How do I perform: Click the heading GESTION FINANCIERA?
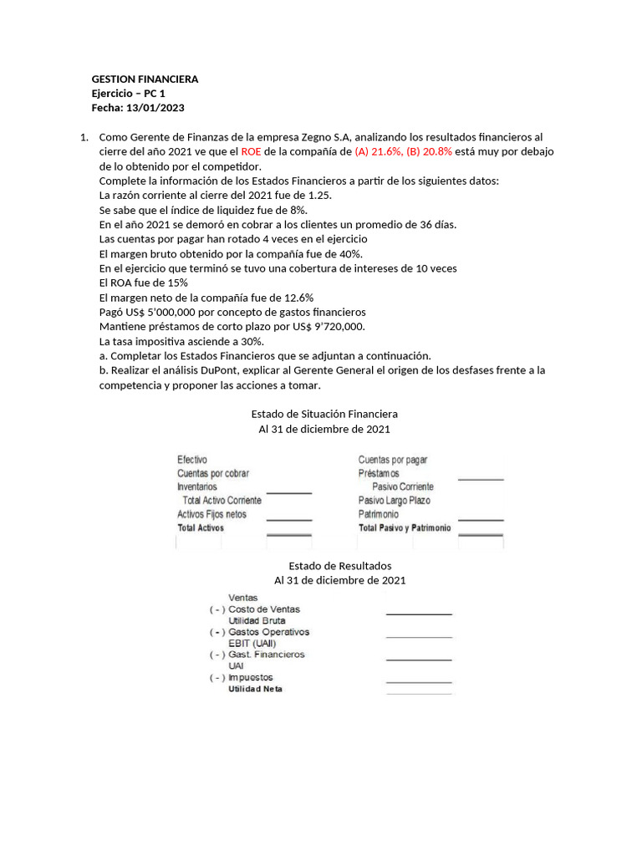(x=144, y=79)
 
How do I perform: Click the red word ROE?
(x=251, y=151)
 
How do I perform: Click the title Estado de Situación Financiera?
(x=324, y=414)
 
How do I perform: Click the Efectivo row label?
(x=192, y=460)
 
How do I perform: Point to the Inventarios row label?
(x=197, y=487)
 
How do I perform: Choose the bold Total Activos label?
(x=201, y=528)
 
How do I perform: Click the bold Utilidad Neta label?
(x=255, y=689)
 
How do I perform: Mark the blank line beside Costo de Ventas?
(x=418, y=613)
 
